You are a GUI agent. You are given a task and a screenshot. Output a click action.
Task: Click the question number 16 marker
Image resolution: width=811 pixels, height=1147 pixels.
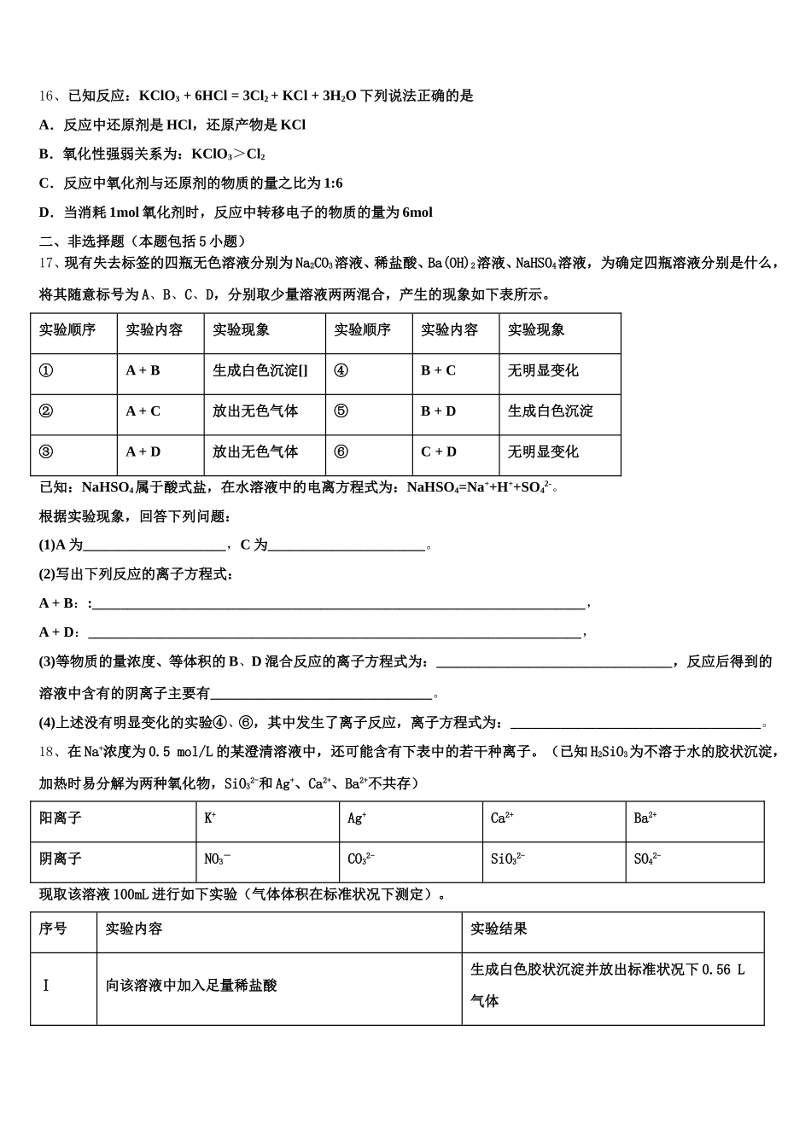pos(46,96)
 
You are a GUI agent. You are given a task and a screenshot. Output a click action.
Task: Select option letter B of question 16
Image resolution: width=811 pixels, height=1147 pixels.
pos(45,154)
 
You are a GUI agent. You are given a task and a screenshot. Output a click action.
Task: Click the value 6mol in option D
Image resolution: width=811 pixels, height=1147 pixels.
pos(417,213)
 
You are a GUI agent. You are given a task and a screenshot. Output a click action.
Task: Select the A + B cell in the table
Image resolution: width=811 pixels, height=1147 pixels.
pos(143,371)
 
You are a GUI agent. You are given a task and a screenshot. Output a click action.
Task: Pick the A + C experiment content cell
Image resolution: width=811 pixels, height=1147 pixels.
pos(143,411)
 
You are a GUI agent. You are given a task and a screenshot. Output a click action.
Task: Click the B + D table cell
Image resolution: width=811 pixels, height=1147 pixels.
pos(438,411)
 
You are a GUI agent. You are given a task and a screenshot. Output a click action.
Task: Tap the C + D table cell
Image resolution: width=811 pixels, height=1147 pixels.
pos(438,452)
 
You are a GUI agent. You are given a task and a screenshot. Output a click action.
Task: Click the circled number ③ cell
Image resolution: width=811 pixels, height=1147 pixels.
pos(46,452)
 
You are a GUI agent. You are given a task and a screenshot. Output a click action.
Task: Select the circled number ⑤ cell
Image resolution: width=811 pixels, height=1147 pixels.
pos(341,411)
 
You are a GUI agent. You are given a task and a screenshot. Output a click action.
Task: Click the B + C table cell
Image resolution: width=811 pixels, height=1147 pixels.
pos(438,371)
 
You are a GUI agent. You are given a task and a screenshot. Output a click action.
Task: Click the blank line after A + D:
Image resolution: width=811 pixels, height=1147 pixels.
pos(333,633)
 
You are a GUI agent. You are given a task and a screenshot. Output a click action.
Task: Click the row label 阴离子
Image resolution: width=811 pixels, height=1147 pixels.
pos(61,859)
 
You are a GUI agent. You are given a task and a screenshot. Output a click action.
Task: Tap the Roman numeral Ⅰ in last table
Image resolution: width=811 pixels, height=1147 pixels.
pos(46,986)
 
